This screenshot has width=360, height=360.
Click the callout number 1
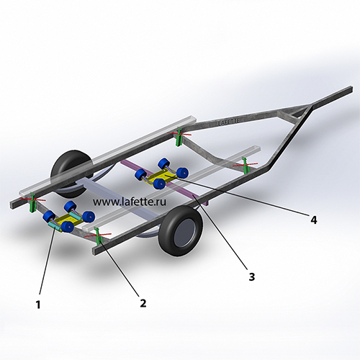pyautogui.click(x=38, y=305)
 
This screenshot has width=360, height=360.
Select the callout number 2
pyautogui.click(x=143, y=303)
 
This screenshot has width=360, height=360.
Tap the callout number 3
pyautogui.click(x=251, y=276)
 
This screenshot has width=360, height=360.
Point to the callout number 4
pyautogui.click(x=314, y=220)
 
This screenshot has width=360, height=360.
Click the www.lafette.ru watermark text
pyautogui.click(x=130, y=202)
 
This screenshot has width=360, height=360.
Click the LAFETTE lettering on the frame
pyautogui.click(x=228, y=122)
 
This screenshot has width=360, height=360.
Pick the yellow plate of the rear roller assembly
pyautogui.click(x=66, y=220)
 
